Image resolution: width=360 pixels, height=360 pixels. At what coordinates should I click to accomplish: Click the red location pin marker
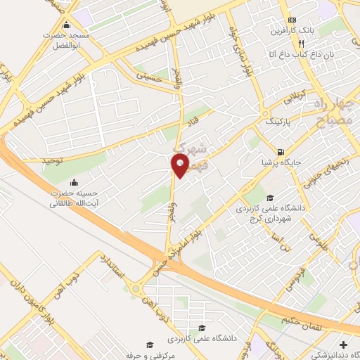(180, 165)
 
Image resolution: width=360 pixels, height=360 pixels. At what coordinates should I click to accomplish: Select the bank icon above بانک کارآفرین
(292, 20)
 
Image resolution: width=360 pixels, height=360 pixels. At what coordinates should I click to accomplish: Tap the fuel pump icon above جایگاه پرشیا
(281, 152)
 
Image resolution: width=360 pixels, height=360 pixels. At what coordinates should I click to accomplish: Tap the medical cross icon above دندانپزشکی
(342, 345)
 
